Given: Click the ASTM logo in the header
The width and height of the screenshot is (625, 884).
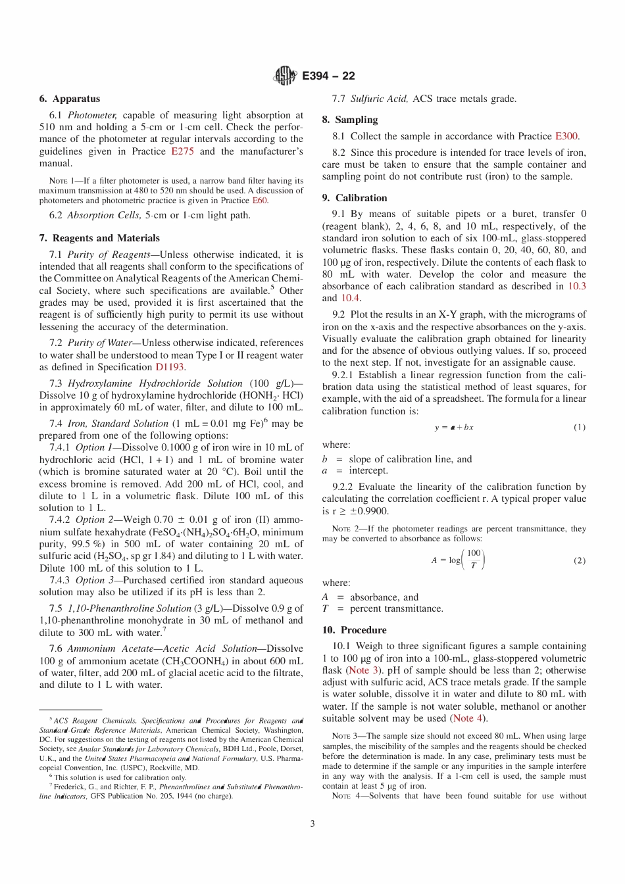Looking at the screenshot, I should [284, 76].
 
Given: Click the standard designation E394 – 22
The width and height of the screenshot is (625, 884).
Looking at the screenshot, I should [328, 76].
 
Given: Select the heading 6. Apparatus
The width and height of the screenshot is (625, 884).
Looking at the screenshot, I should [70, 99].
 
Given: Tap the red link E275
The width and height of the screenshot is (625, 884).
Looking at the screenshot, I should [182, 151].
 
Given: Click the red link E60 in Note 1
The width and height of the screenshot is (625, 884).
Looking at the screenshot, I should [260, 201].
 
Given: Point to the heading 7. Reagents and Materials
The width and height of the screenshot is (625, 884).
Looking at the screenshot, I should [99, 238].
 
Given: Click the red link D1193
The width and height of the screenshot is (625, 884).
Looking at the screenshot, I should [170, 367].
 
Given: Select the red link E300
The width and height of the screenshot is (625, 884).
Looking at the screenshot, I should [566, 136].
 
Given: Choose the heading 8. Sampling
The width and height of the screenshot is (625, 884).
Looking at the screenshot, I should [350, 120].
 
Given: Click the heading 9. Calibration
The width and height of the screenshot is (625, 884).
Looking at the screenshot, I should [355, 198].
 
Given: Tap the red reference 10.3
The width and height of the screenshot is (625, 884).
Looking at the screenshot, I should [577, 286].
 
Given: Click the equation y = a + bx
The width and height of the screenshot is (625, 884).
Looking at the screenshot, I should [453, 428].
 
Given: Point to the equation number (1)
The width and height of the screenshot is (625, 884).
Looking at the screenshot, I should [579, 428].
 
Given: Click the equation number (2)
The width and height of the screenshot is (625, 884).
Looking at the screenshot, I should [579, 561].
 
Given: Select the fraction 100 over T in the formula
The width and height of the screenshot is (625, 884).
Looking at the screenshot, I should [474, 560].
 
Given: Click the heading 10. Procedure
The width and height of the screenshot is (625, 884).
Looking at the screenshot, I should [354, 630].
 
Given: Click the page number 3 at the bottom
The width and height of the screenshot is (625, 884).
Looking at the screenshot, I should [312, 823].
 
